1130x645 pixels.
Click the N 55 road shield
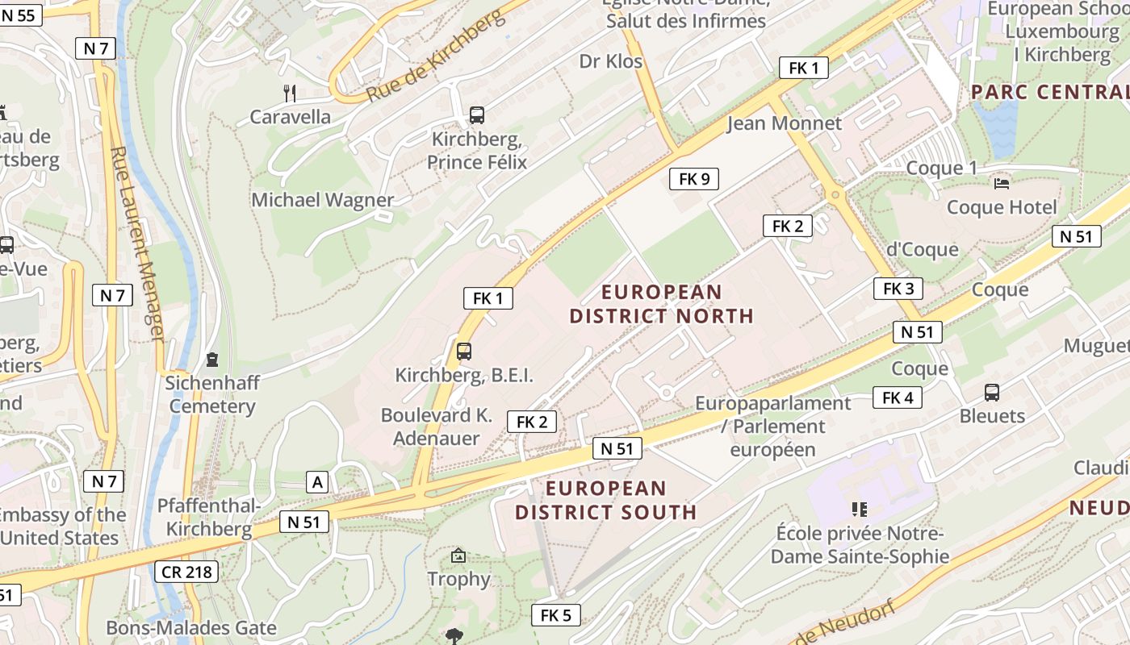click(19, 15)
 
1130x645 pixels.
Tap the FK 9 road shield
click(694, 179)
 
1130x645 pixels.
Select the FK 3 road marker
click(898, 289)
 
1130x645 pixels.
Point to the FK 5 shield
click(555, 616)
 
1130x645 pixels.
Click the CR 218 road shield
click(186, 572)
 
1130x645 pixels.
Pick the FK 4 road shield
click(897, 397)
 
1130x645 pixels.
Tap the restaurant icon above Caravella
click(290, 94)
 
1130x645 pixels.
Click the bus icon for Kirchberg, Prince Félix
click(477, 115)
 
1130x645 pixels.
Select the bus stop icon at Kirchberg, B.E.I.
click(463, 352)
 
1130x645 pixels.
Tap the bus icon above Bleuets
click(991, 393)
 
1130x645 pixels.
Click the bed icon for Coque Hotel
click(1002, 184)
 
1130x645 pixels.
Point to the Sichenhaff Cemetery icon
click(212, 358)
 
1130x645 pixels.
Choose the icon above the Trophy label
click(458, 556)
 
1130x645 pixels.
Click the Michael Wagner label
click(323, 200)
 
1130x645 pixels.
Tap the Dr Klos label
click(611, 61)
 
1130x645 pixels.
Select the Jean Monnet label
click(784, 123)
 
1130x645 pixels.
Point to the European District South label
click(606, 500)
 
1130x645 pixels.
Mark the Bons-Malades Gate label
click(191, 627)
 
